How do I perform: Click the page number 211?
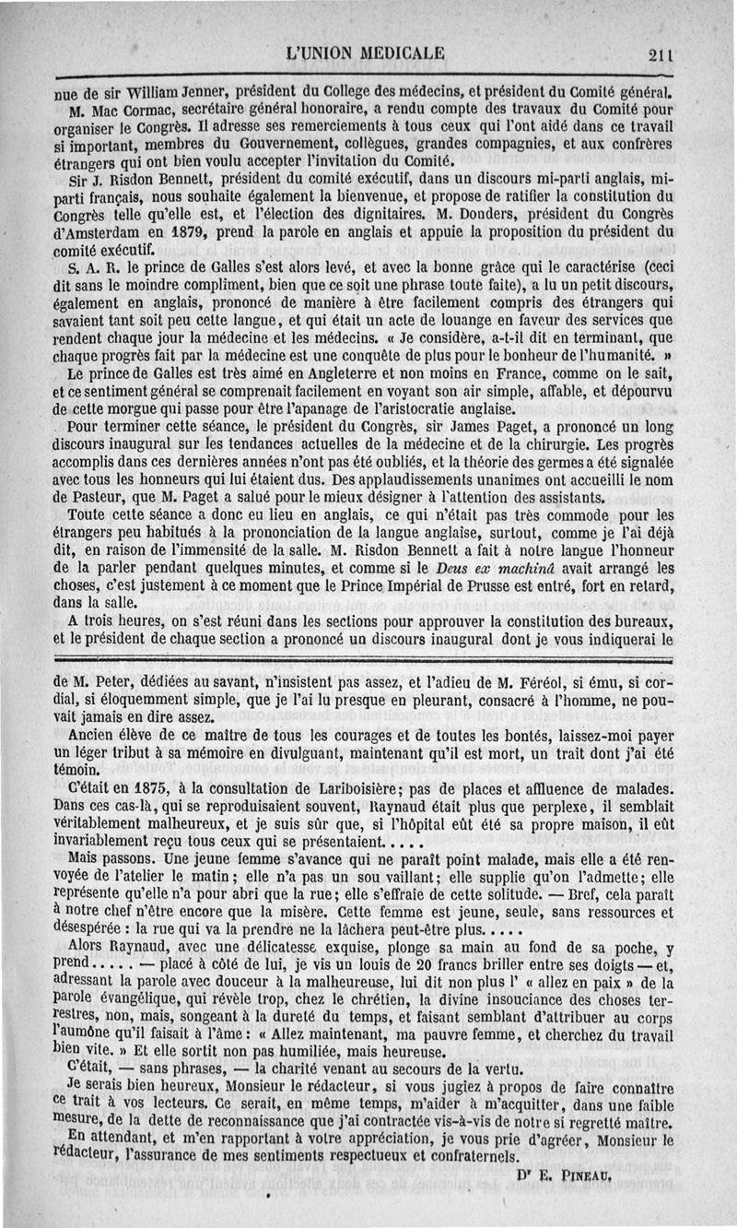click(660, 53)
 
